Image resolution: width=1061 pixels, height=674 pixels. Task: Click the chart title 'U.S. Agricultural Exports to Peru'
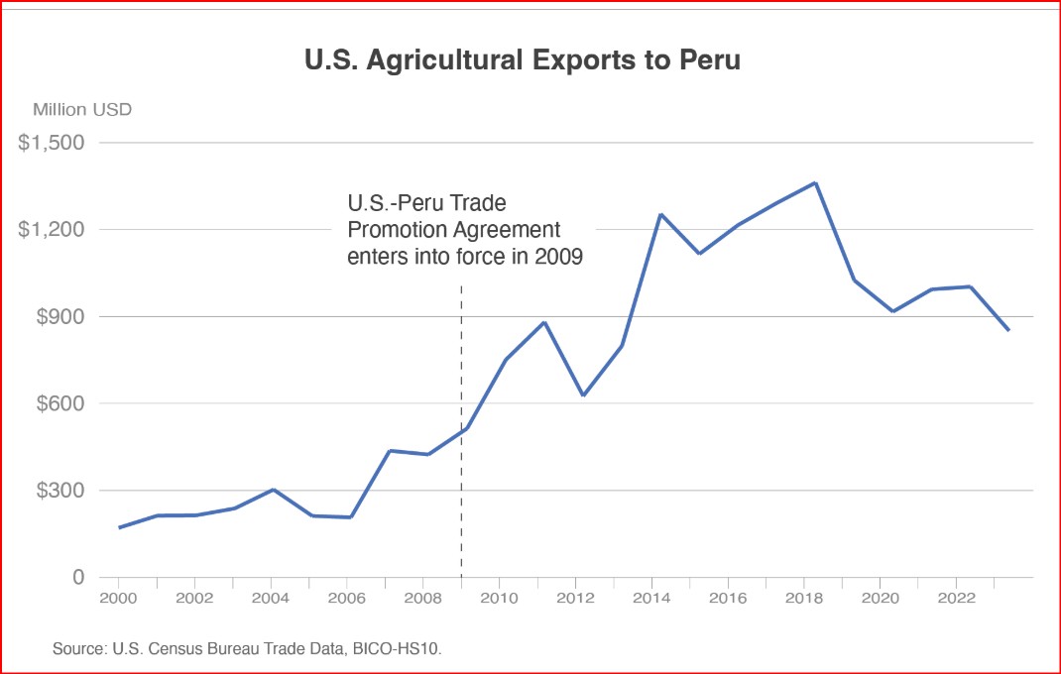pos(523,59)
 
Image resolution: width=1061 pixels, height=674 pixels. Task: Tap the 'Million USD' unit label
pos(82,110)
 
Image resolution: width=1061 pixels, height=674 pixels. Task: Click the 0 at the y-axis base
pos(76,577)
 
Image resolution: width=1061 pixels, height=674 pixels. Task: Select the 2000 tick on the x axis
pos(118,599)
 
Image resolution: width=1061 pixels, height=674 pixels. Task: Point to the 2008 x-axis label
pos(422,599)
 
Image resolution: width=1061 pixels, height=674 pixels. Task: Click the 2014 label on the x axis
pos(651,599)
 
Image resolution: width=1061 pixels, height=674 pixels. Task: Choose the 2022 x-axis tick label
pos(956,599)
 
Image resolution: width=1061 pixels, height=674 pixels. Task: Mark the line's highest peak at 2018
pos(814,182)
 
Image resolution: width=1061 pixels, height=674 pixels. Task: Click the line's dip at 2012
pos(583,395)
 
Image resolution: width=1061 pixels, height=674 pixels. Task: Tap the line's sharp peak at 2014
pos(660,214)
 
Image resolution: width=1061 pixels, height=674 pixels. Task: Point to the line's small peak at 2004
pos(273,490)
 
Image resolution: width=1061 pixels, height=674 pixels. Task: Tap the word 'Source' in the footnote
pos(76,649)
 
